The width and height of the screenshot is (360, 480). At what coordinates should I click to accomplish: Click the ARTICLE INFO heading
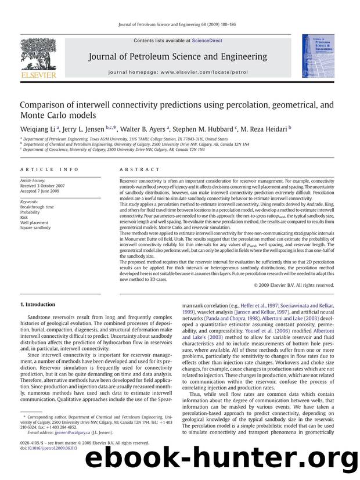pos(45,169)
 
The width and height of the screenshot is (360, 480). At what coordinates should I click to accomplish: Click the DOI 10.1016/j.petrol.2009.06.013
pos(51,447)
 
